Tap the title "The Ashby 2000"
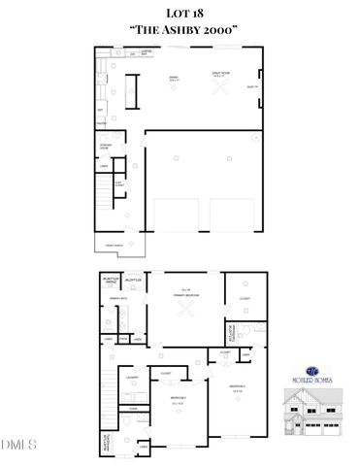click(179, 30)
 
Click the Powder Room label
click(107, 148)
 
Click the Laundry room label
click(132, 379)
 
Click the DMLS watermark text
click(17, 446)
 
